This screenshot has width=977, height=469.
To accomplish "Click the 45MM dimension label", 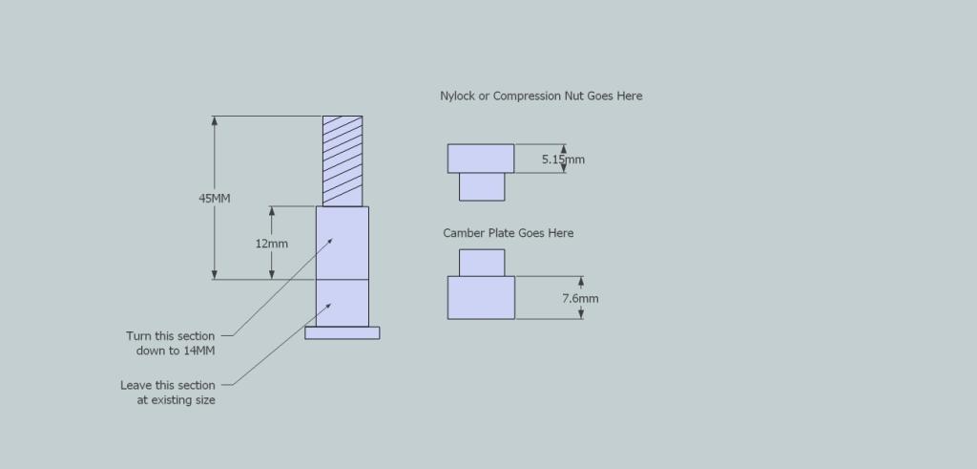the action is coord(215,199).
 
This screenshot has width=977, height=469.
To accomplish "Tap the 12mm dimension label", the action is coord(272,244).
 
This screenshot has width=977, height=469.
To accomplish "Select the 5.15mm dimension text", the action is coord(563,160).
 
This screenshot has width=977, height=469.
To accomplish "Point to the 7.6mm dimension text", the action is coord(580,299).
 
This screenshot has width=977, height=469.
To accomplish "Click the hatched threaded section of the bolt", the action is coord(343,160).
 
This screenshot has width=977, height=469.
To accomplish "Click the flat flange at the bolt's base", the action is coord(343,333).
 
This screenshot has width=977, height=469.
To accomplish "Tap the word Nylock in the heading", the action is coord(457,96).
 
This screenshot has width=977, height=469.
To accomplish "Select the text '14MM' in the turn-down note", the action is coord(198,351).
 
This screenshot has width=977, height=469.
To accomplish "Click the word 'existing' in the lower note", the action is coord(177,400).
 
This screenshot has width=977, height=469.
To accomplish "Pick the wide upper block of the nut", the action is coord(481,159).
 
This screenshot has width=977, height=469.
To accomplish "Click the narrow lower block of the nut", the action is coord(482,187).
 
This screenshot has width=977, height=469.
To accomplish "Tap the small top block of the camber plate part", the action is coord(482,263).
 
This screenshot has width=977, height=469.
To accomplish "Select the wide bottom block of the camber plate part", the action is coord(481,297).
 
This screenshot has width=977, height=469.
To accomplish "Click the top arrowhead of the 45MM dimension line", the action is coord(215,121).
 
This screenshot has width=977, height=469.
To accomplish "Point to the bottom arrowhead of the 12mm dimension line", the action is coord(272,274).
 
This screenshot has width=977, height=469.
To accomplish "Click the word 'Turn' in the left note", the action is coord(138,336).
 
